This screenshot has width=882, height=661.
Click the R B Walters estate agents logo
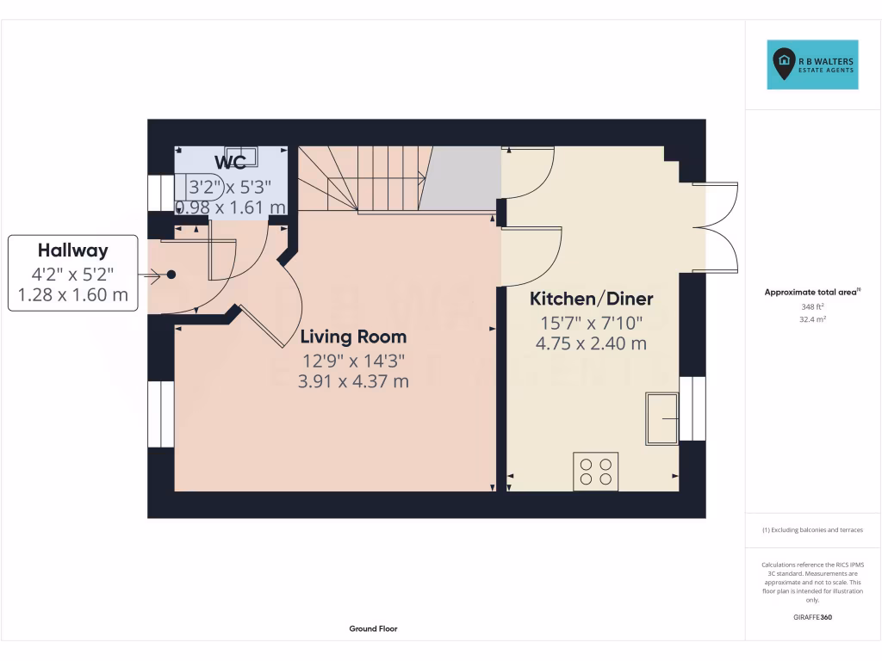813,65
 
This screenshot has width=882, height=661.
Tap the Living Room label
353,337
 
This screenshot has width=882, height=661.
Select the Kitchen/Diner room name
591,300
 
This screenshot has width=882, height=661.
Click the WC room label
231,162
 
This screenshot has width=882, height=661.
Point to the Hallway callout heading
72,250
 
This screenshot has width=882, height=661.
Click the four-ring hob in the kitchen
595,472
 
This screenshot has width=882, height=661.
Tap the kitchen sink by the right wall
662,418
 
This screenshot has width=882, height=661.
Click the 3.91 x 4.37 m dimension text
353,380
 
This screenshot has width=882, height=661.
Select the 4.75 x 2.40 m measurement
591,343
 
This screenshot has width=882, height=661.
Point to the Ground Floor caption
373,629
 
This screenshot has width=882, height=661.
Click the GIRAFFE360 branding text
812,617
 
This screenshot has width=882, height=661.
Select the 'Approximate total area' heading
811,293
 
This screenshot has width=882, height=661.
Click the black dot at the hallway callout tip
171,275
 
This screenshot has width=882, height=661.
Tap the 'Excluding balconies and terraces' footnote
812,530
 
